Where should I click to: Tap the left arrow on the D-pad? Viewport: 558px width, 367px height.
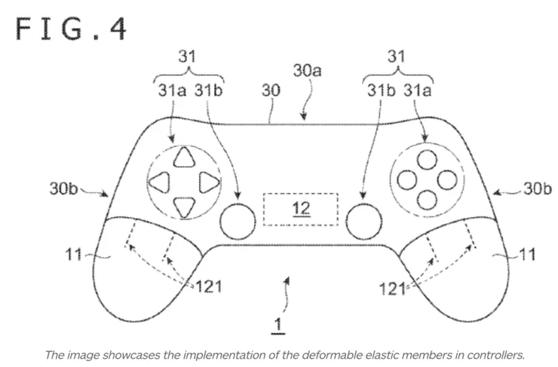click(x=159, y=181)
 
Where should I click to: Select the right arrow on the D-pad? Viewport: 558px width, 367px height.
click(x=208, y=181)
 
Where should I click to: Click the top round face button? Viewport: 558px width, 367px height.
click(x=427, y=159)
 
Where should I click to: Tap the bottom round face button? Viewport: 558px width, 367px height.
click(x=427, y=199)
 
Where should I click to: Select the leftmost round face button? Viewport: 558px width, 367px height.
click(x=406, y=179)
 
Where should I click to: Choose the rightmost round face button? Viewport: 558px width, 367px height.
click(x=446, y=179)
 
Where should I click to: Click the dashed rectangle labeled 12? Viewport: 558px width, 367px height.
click(x=300, y=209)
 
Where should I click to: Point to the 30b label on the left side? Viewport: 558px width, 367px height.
click(x=64, y=189)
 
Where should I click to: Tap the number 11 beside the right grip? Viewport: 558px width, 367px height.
click(x=528, y=255)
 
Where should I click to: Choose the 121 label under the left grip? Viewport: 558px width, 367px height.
click(x=208, y=286)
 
